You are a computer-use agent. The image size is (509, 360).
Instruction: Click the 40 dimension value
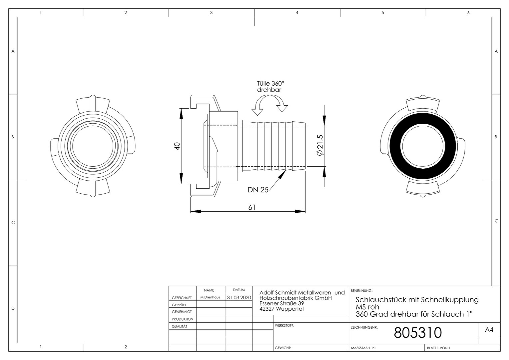coord(177,146)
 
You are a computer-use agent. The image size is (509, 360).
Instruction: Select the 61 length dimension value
coord(252,207)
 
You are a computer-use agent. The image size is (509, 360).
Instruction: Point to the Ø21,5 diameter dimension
coord(320,145)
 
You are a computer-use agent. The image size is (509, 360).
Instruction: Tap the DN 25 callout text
coord(258,190)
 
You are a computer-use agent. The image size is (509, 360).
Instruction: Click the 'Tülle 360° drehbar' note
coord(270,87)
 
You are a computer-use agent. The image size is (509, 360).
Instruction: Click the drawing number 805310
coord(418,332)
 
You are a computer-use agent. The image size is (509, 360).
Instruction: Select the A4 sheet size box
coord(489,330)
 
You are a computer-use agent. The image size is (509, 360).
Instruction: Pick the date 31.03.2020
coord(239,297)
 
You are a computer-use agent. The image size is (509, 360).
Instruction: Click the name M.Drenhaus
coord(210,297)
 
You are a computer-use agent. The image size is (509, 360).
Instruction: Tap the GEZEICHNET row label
coord(182,298)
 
